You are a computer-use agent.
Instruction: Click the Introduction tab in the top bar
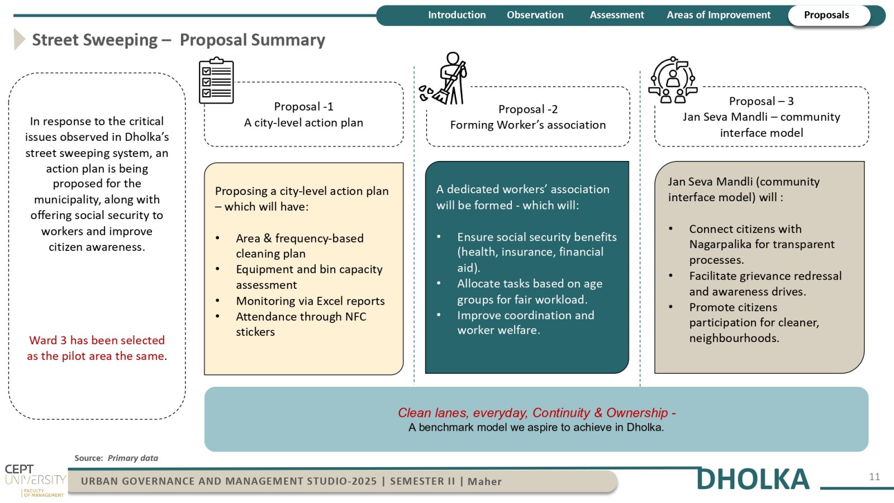click(x=456, y=15)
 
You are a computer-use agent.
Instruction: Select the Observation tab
click(x=535, y=15)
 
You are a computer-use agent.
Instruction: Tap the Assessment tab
click(x=617, y=15)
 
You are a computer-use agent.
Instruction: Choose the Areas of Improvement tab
click(x=719, y=15)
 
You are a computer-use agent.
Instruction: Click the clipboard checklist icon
click(x=216, y=80)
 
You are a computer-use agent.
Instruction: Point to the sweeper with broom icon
click(x=443, y=78)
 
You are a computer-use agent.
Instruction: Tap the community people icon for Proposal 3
click(x=673, y=80)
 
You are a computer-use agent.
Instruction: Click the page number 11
click(x=874, y=477)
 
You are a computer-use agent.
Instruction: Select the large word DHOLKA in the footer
click(x=753, y=479)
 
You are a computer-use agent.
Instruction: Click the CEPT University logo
click(x=35, y=480)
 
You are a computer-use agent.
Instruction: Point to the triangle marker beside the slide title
click(x=20, y=39)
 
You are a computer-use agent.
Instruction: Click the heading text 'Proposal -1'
click(x=303, y=107)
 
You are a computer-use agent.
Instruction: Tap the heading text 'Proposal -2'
click(x=527, y=109)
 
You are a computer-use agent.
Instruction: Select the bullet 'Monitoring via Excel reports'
click(x=310, y=301)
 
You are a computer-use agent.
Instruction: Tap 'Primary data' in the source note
click(x=133, y=458)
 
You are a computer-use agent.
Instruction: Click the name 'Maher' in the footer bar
click(x=484, y=481)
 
